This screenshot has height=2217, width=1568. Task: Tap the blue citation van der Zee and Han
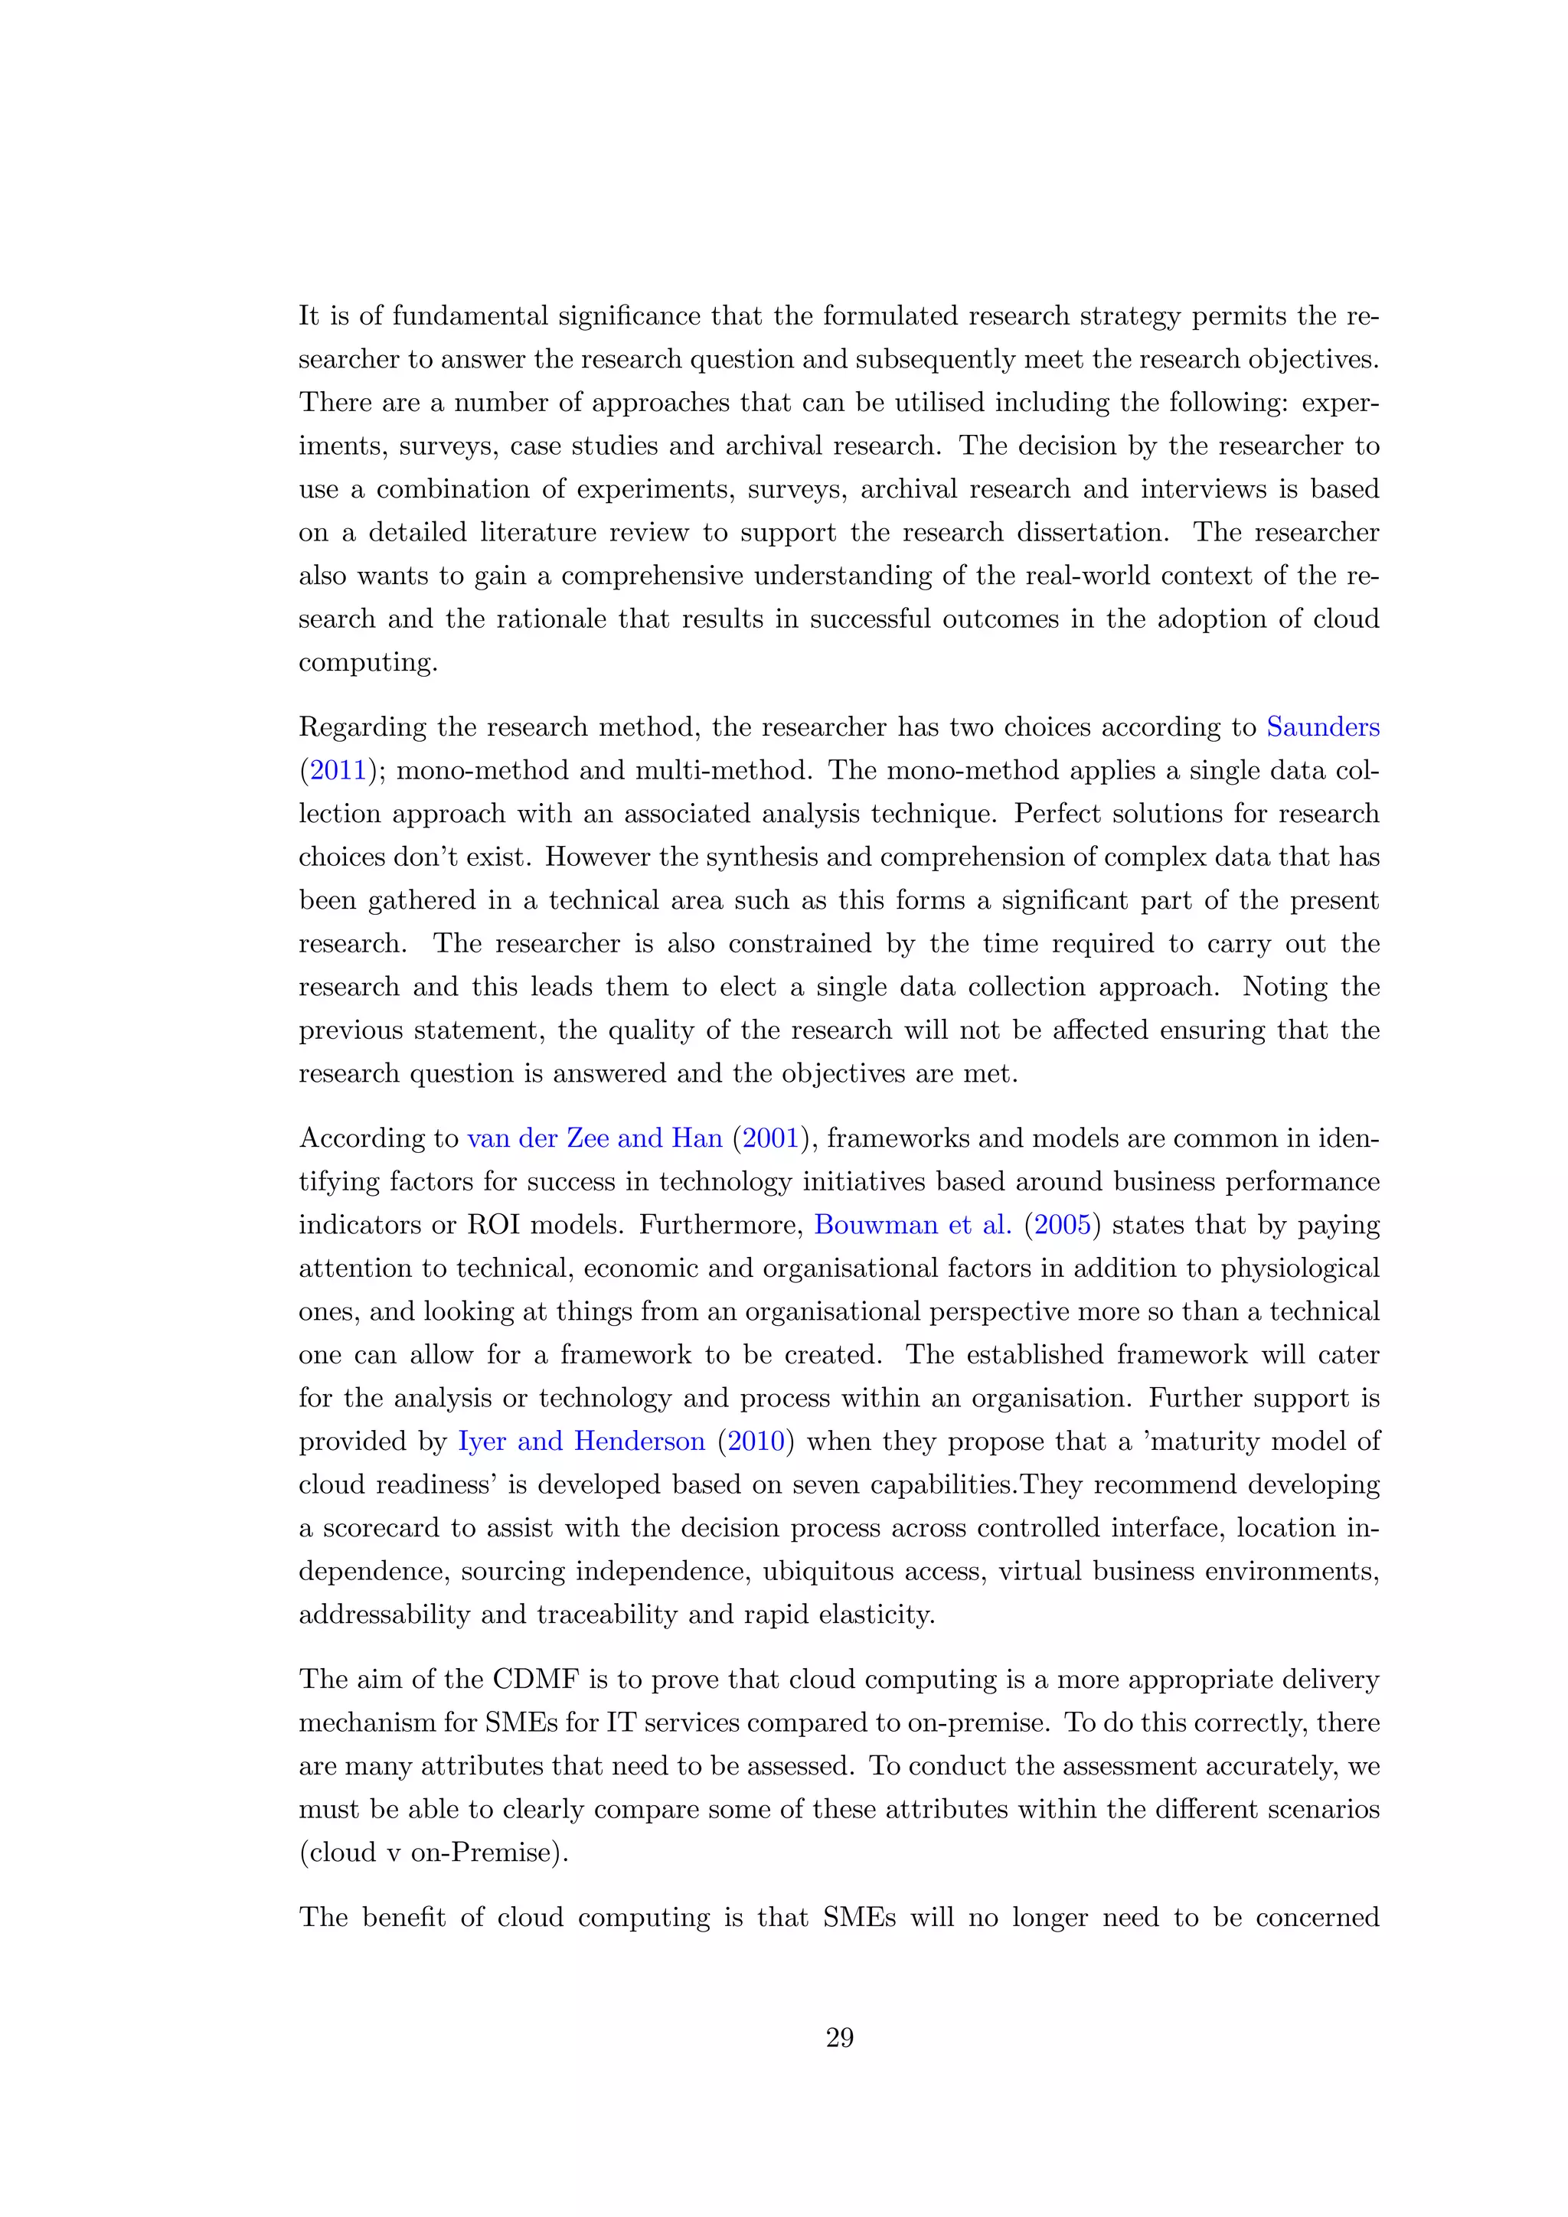pos(594,1138)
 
